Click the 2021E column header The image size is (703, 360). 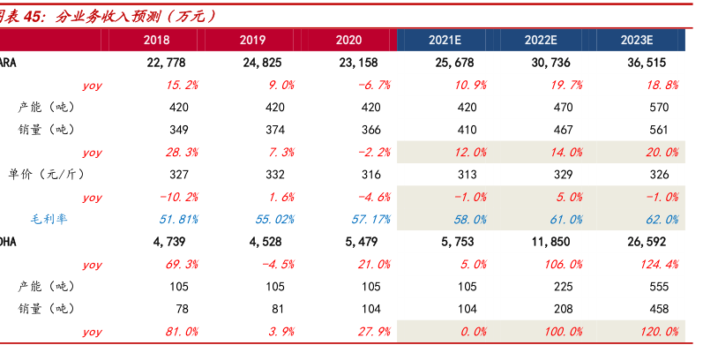(x=448, y=41)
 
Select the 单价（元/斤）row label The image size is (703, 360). (x=53, y=175)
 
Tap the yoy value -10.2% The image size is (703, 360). (x=176, y=197)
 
